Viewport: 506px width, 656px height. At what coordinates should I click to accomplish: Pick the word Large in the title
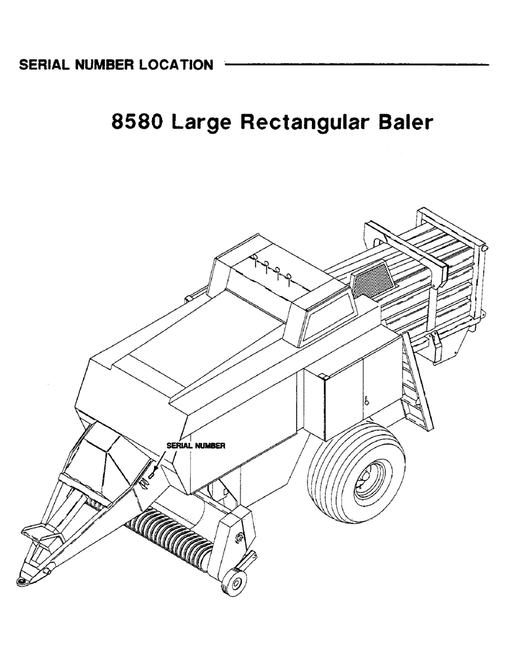pos(199,124)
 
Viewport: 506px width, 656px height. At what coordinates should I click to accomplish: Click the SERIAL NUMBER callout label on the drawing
pos(197,445)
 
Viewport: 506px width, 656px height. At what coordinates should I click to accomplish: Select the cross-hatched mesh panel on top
pos(370,281)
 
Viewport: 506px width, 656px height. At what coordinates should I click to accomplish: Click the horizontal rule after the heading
pos(357,64)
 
